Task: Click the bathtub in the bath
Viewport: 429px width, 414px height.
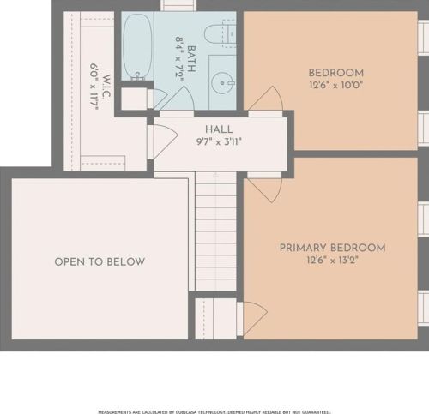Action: pyautogui.click(x=136, y=45)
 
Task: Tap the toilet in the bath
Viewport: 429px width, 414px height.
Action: pyautogui.click(x=221, y=33)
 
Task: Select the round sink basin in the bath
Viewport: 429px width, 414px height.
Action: pyautogui.click(x=222, y=83)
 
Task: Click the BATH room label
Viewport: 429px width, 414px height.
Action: pyautogui.click(x=191, y=59)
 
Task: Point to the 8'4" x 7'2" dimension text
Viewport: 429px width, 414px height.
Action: pyautogui.click(x=179, y=59)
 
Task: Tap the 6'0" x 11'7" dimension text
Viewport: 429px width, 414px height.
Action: pyautogui.click(x=94, y=87)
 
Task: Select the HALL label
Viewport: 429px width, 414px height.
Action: pyautogui.click(x=219, y=129)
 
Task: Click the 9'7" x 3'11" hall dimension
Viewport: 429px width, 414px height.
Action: pyautogui.click(x=219, y=141)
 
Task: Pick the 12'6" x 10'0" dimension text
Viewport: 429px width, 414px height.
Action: pyautogui.click(x=336, y=85)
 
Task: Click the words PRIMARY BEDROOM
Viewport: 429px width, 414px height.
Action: pyautogui.click(x=333, y=248)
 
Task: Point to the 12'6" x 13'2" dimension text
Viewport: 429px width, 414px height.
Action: pyautogui.click(x=333, y=261)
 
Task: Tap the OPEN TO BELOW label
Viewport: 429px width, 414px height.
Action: pyautogui.click(x=100, y=262)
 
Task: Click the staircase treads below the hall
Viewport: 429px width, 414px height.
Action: pyautogui.click(x=216, y=231)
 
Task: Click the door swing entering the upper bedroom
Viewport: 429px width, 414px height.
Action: pyautogui.click(x=266, y=99)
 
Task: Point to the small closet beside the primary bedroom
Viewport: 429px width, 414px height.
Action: pyautogui.click(x=216, y=319)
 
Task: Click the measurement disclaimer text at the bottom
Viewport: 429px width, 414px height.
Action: pyautogui.click(x=214, y=411)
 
